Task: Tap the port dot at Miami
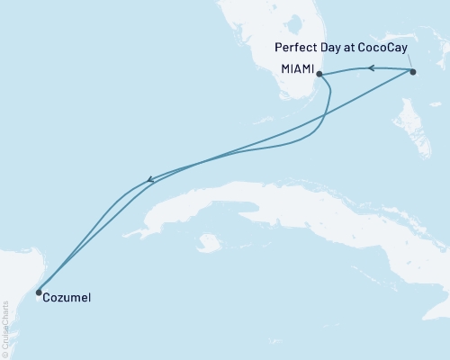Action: click(x=319, y=75)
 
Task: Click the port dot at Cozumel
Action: click(x=38, y=292)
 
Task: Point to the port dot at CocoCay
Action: click(x=412, y=71)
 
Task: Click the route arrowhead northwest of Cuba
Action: click(x=151, y=181)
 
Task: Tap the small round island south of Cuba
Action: click(x=210, y=241)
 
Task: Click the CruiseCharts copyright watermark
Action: click(x=4, y=323)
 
